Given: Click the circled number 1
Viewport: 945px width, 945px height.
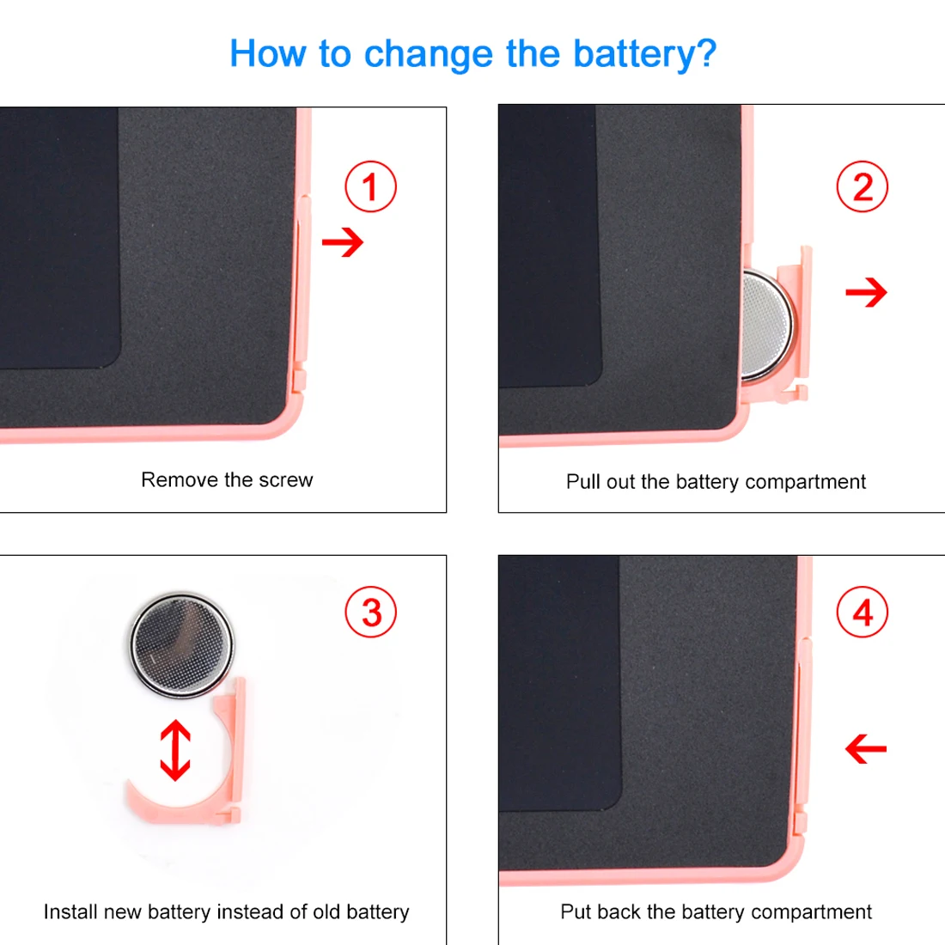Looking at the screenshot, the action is pos(370,186).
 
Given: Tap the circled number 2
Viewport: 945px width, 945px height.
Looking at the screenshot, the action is pos(863,186).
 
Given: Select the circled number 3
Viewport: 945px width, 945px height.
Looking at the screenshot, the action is pos(370,612).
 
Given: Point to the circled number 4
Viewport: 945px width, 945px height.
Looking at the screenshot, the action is pos(863,612).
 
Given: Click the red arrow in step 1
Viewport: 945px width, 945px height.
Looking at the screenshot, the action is pos(343,242).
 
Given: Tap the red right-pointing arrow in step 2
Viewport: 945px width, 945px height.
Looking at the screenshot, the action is pos(867,292).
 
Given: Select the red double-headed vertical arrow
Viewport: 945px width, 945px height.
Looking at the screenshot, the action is pos(175,750).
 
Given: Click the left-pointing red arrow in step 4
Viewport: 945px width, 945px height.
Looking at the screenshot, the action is pos(866,749).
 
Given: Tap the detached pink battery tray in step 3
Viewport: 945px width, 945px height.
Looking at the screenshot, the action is pos(230,783).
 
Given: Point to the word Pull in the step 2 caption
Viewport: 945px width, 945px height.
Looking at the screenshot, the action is pos(583,482).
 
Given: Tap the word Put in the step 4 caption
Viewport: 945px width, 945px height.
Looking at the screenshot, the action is pos(576,911).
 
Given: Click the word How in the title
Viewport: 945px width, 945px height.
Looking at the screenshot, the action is pos(267,53).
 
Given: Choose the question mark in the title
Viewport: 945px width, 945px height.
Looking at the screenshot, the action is pos(706,53).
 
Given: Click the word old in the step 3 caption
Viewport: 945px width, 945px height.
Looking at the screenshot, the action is pos(326,911).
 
